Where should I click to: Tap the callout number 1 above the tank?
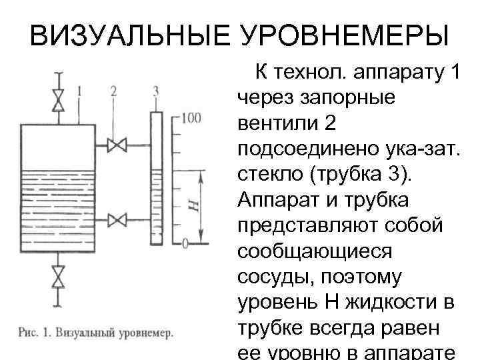tap(79, 90)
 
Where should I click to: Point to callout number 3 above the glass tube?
tap(155, 90)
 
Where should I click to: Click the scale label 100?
tap(190, 119)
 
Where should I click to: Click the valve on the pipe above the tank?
tap(59, 98)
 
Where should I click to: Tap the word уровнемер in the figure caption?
tap(139, 331)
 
